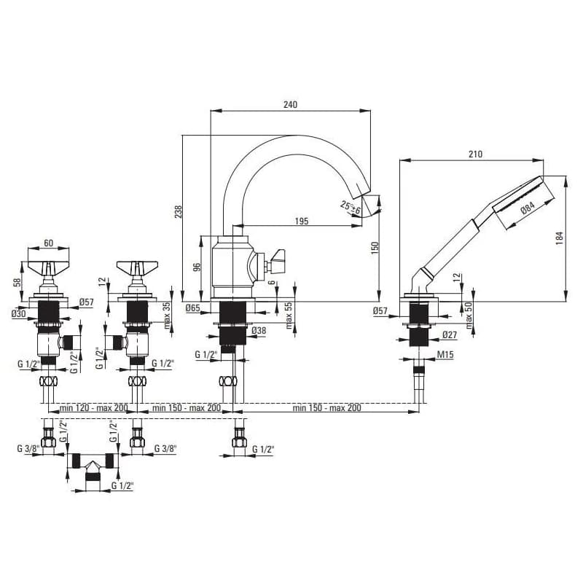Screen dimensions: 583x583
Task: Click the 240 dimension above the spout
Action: click(x=290, y=104)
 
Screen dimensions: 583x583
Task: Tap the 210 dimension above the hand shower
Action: click(x=475, y=154)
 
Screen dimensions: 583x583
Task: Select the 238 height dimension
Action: click(x=179, y=211)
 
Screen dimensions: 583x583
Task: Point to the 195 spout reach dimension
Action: click(x=302, y=221)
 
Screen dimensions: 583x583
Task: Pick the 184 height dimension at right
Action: click(x=559, y=238)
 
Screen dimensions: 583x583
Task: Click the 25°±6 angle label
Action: click(x=351, y=208)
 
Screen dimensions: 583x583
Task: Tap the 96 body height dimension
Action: click(x=197, y=267)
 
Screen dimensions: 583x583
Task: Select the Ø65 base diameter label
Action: click(x=193, y=308)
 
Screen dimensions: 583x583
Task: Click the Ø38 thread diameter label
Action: click(x=259, y=330)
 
